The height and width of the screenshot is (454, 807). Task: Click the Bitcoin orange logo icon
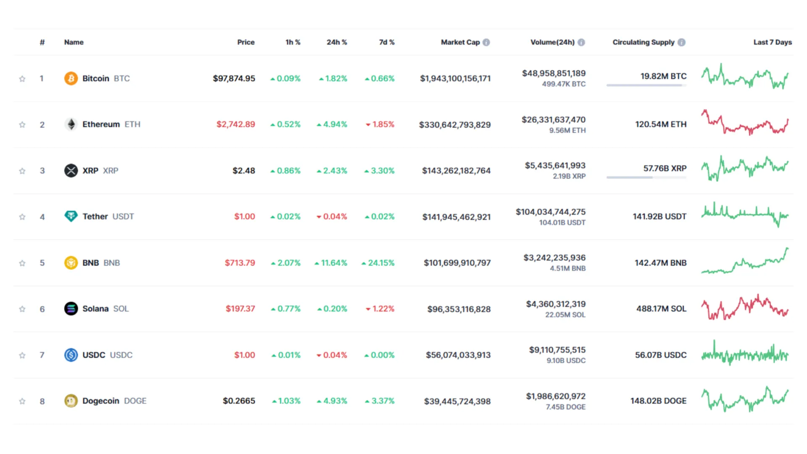pyautogui.click(x=71, y=79)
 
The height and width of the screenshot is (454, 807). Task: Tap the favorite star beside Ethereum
pyautogui.click(x=22, y=125)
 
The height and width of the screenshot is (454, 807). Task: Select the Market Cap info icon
pyautogui.click(x=486, y=42)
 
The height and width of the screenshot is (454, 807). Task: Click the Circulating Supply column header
pyautogui.click(x=643, y=42)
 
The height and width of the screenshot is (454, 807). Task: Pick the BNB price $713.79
pyautogui.click(x=240, y=263)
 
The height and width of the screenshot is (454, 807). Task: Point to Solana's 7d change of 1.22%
pyautogui.click(x=380, y=309)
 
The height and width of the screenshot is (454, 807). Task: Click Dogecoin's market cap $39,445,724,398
pyautogui.click(x=457, y=401)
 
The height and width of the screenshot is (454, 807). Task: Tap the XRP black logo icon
pyautogui.click(x=71, y=171)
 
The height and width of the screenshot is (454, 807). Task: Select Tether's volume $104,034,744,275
pyautogui.click(x=551, y=212)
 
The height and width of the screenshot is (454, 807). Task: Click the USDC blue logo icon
pyautogui.click(x=71, y=355)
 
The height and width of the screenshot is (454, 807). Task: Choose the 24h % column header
pyautogui.click(x=337, y=42)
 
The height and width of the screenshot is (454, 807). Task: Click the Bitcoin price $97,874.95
pyautogui.click(x=234, y=79)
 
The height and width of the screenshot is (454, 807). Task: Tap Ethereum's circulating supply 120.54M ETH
pyautogui.click(x=661, y=124)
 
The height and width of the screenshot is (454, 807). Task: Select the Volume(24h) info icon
pyautogui.click(x=581, y=42)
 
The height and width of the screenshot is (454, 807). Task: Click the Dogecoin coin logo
pyautogui.click(x=71, y=401)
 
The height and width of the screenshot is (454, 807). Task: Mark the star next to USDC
pyautogui.click(x=22, y=356)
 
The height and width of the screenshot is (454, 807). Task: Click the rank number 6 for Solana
pyautogui.click(x=42, y=309)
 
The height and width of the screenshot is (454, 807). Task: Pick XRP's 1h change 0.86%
pyautogui.click(x=285, y=171)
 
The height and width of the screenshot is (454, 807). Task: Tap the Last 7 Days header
pyautogui.click(x=773, y=42)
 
